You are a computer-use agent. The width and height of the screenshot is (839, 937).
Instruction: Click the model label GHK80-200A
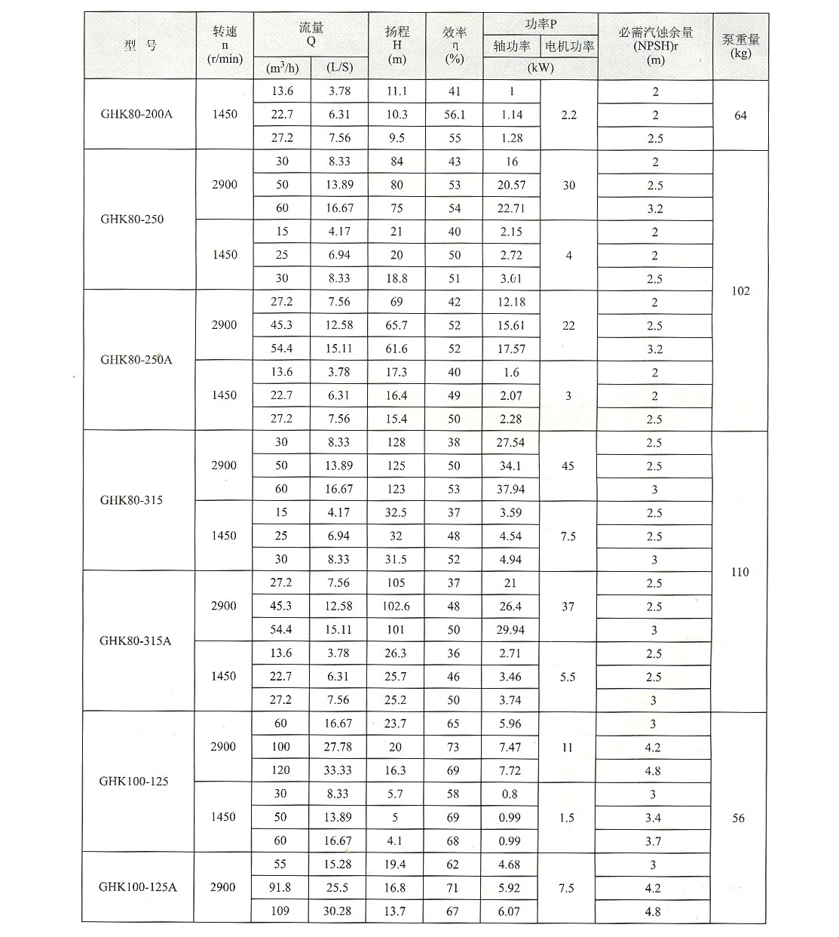point(136,115)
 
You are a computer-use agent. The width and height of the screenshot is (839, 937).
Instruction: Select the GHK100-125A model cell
point(137,887)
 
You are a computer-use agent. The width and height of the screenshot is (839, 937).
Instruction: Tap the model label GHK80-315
point(131,500)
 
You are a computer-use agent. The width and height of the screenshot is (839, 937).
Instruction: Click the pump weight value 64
point(740,115)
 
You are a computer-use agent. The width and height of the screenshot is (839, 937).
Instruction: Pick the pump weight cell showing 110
point(739,572)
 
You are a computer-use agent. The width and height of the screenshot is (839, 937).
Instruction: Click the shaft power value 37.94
point(510,489)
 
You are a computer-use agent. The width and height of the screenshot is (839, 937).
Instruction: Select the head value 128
point(397,442)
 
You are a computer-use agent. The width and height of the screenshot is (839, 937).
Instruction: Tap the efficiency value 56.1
point(454,115)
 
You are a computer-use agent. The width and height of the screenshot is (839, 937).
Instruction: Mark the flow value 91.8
point(280,887)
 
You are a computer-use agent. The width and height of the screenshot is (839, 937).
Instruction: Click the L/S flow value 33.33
point(338,770)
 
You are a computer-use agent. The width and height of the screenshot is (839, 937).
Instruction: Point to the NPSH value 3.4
point(654,818)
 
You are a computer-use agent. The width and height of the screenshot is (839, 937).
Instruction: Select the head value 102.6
point(397,606)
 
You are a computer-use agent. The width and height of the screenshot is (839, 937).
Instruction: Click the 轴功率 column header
point(512,46)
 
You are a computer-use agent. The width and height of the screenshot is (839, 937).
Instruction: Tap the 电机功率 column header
point(569,46)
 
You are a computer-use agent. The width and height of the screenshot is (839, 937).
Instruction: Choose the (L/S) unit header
point(339,67)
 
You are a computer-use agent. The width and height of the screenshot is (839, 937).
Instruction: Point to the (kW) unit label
point(540,67)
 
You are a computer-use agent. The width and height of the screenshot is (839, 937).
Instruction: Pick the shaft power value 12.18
point(510,302)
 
